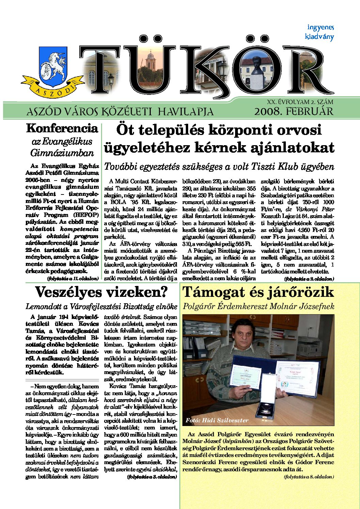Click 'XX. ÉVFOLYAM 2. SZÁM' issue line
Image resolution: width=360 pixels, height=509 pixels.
(x=300, y=102)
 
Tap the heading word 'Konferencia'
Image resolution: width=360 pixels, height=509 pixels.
(x=62, y=129)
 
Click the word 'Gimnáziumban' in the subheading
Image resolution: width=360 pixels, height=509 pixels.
(x=62, y=153)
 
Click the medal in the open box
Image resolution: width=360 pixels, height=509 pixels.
(x=266, y=405)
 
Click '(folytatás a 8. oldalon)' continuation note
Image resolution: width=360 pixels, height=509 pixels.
(x=309, y=477)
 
